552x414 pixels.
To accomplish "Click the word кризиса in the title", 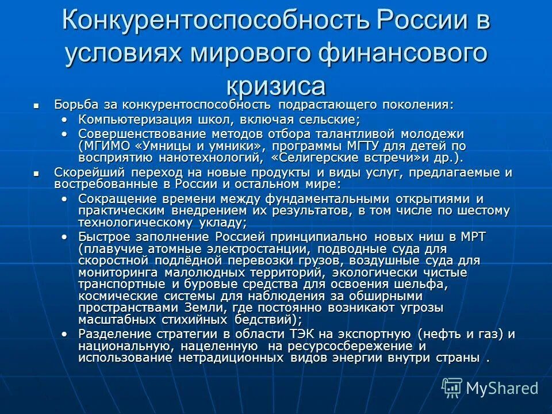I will tap(275, 86).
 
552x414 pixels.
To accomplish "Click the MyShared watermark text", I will tap(501, 388).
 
